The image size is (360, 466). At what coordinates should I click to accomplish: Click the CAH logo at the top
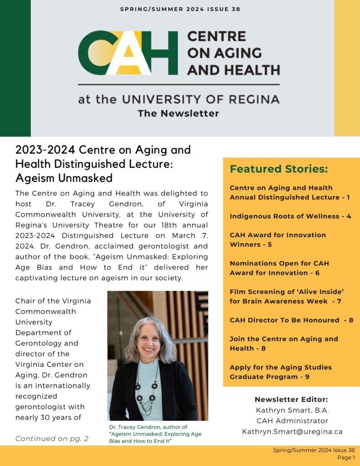(x=127, y=53)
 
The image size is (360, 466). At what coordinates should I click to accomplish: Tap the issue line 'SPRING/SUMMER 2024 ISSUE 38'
(x=180, y=9)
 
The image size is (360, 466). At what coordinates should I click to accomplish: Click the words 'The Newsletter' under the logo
(x=178, y=113)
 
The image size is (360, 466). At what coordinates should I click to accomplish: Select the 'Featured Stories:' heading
(x=279, y=169)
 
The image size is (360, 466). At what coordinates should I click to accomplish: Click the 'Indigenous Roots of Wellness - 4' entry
(x=290, y=216)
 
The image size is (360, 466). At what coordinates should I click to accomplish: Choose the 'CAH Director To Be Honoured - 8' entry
(x=291, y=320)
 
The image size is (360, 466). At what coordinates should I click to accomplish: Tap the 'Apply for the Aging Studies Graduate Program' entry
(x=281, y=372)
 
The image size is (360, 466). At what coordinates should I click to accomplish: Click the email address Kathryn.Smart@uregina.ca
(x=292, y=431)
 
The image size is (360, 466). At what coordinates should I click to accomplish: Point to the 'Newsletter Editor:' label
(x=291, y=400)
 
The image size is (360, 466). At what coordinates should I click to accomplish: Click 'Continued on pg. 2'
(x=52, y=439)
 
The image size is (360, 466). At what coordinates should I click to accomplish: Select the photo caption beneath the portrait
(x=155, y=434)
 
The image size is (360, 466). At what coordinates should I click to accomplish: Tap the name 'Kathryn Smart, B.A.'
(x=292, y=410)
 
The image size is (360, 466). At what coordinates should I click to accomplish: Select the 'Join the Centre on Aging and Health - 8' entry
(x=284, y=344)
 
